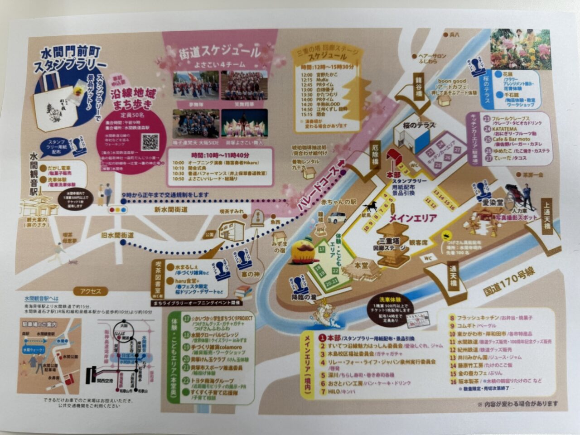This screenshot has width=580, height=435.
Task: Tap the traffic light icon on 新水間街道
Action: [116, 210]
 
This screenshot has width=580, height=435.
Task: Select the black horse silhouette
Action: [370, 208]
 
